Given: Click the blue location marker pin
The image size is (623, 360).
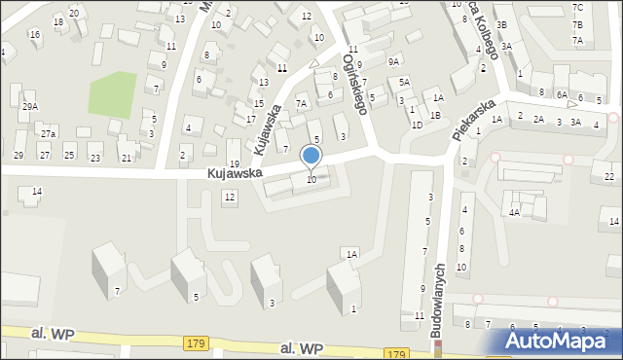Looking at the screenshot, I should tap(311, 156).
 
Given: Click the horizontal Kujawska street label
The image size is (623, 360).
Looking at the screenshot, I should tap(234, 173).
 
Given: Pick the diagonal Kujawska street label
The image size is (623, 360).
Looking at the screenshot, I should tap(270, 130).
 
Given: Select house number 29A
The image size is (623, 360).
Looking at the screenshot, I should tap(30, 107).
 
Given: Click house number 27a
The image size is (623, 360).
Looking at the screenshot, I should tap(48, 132).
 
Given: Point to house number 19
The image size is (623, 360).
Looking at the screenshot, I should tap(234, 163).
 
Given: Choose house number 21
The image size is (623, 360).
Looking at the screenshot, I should tap(126, 157).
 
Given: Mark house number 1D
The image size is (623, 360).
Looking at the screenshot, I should tap(417, 125).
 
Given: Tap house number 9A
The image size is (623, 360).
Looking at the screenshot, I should tap(393, 61).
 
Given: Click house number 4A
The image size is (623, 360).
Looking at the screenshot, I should tap(513, 211).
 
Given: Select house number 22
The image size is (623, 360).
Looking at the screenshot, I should tap(609, 176).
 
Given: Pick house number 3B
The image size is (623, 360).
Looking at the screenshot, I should tap(501, 24).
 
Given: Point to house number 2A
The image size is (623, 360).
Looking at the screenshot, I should tap(537, 120).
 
